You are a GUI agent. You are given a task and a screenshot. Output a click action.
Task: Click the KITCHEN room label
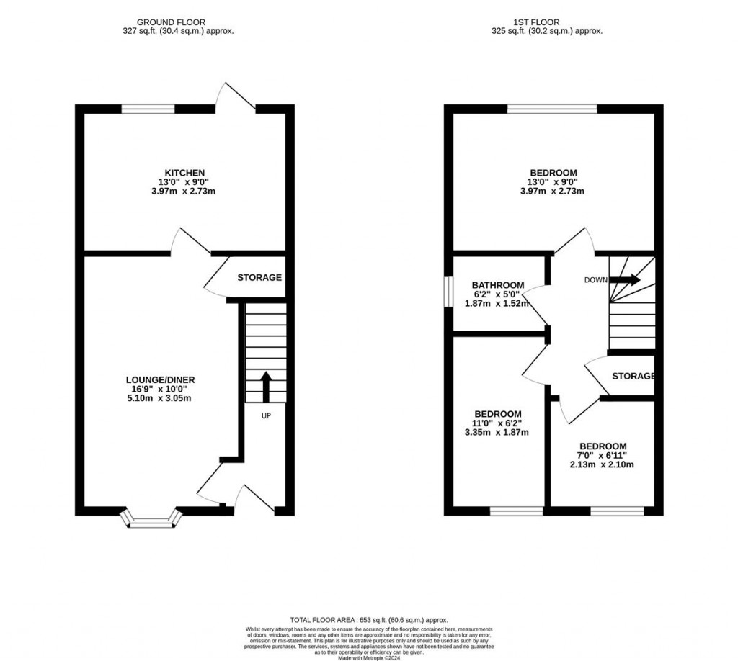(x=179, y=173)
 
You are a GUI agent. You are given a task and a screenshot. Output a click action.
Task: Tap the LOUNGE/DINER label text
(x=159, y=380)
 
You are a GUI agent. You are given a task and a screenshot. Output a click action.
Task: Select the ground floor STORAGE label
(x=259, y=278)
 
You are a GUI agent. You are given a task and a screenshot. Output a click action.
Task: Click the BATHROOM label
(x=498, y=285)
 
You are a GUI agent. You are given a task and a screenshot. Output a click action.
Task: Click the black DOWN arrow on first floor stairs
(x=625, y=280)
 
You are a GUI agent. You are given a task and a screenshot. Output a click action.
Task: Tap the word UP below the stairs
(x=266, y=415)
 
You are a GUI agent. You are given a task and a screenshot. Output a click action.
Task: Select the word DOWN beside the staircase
(x=595, y=280)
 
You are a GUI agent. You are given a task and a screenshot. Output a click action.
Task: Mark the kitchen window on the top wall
(x=148, y=109)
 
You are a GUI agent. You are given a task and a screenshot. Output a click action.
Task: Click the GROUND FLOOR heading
(x=177, y=22)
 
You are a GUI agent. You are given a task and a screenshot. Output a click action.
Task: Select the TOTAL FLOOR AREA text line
(x=369, y=620)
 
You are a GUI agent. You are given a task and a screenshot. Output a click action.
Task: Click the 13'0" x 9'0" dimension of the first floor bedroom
(x=553, y=182)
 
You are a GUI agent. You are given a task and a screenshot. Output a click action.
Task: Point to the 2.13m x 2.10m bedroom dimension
(x=603, y=464)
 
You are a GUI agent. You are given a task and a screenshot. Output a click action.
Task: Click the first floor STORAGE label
(x=633, y=376)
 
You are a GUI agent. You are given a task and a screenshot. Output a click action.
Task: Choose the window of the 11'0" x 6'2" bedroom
(x=517, y=511)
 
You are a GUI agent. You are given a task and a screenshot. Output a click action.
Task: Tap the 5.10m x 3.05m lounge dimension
(x=159, y=398)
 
